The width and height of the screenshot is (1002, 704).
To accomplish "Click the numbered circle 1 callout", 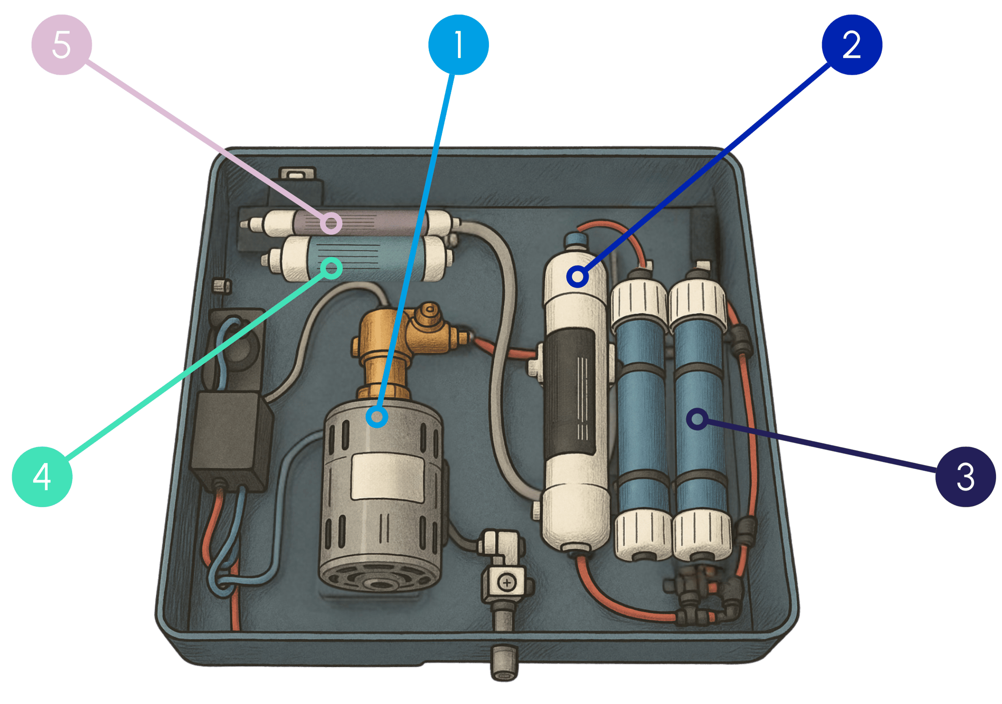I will pos(458,45).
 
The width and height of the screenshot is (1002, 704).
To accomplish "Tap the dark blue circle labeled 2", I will pos(852,45).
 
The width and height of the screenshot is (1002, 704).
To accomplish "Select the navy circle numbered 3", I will pos(965,477).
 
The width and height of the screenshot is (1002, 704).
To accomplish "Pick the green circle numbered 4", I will pos(42,477).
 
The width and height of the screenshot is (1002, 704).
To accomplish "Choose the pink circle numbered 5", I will pos(62,45).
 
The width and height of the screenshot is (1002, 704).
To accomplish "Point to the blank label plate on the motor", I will pos(387,476).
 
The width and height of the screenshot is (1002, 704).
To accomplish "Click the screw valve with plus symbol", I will pos(507,582).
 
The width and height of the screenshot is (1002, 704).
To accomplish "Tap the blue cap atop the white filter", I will pos(576,240).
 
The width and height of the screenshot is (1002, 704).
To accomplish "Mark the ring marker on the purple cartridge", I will pos(331,223).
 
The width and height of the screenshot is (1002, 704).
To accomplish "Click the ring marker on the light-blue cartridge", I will pos(331,268).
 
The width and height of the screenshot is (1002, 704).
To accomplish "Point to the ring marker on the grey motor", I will pos(377,417).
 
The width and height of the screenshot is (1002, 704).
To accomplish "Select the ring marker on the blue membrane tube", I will pos(697,419).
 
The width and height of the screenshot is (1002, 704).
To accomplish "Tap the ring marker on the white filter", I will pos(577,276).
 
